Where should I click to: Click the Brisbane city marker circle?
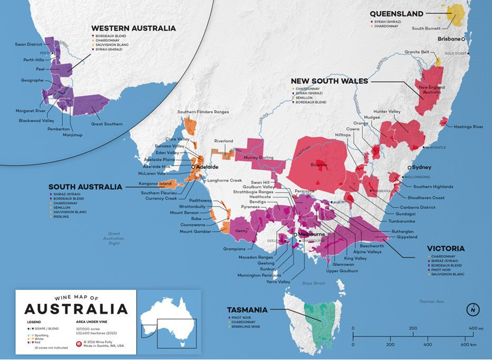(463, 39)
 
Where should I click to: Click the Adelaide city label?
(207, 167)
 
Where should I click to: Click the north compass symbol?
(471, 310)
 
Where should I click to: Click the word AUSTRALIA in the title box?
(76, 309)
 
